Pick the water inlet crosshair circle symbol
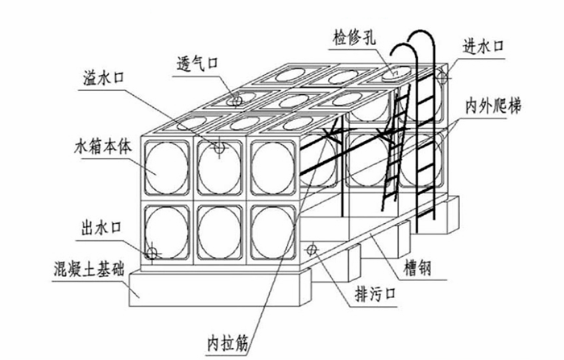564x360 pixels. point(442,77)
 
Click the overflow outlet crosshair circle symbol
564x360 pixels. point(218,147)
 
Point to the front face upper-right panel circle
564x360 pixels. point(270,168)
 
